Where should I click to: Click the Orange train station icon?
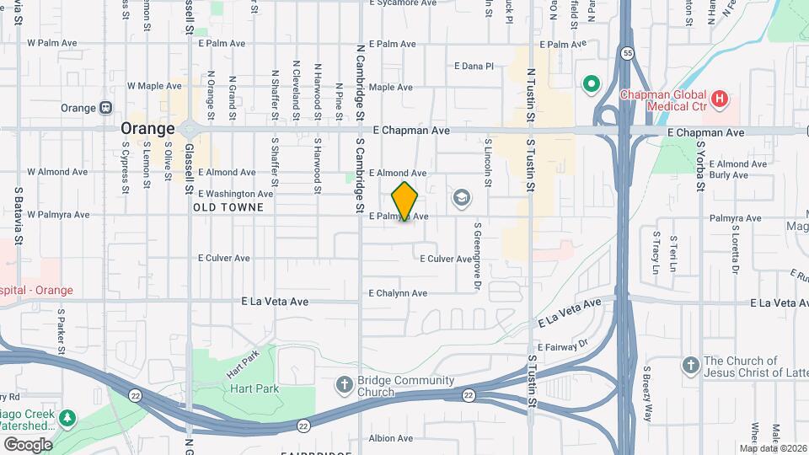pyautogui.click(x=106, y=108)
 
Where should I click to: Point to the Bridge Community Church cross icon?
pyautogui.click(x=344, y=385)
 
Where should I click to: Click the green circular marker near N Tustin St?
pyautogui.click(x=592, y=83)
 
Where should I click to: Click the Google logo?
pyautogui.click(x=28, y=444)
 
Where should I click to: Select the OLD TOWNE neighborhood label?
pyautogui.click(x=228, y=206)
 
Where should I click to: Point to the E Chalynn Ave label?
pyautogui.click(x=398, y=293)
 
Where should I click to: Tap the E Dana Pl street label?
pyautogui.click(x=474, y=66)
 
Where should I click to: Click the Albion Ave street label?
pyautogui.click(x=391, y=438)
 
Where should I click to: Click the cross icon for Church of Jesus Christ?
pyautogui.click(x=690, y=365)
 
